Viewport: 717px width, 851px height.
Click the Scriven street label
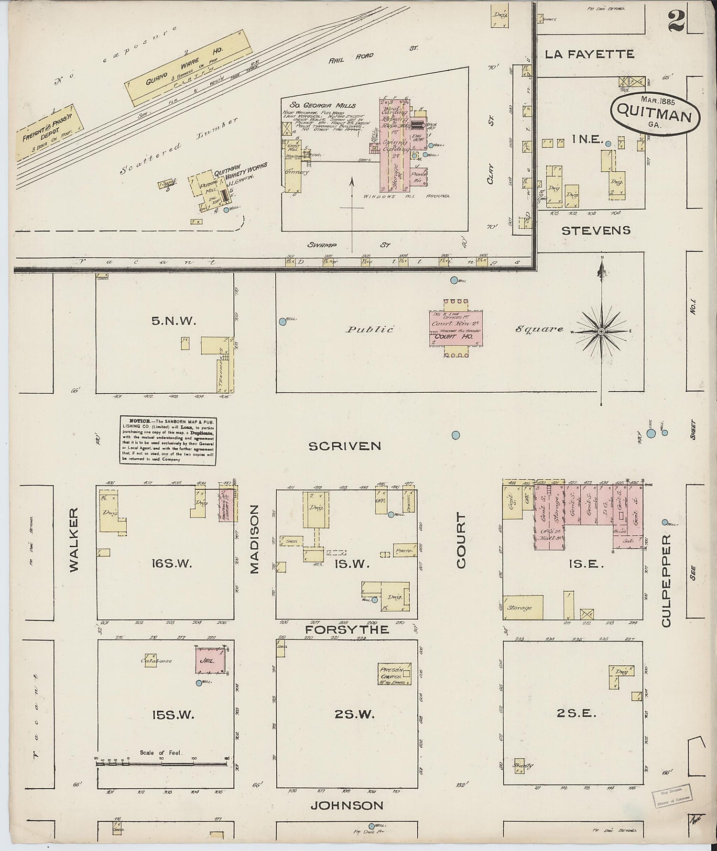(x=345, y=446)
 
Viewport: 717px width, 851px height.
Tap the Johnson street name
(x=347, y=806)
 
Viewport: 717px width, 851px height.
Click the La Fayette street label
(x=589, y=54)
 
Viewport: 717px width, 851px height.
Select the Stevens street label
(x=596, y=231)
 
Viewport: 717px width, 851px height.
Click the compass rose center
(x=601, y=331)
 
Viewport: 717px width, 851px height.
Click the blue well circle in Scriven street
(x=456, y=435)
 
